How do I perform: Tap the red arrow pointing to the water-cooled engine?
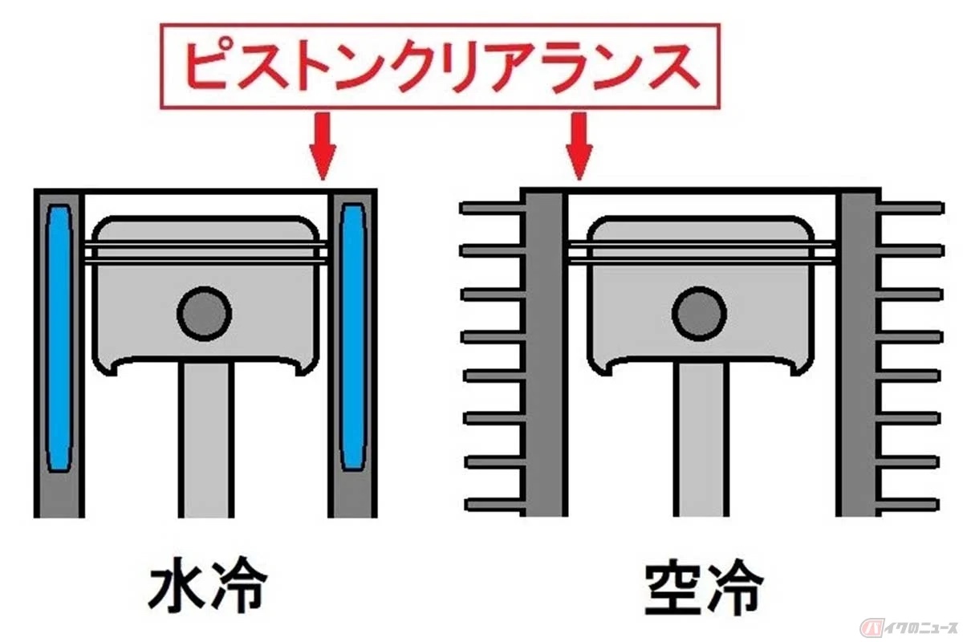coord(323,146)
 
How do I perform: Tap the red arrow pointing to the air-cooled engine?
coord(579,146)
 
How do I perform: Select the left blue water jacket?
coord(59,338)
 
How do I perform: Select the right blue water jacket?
coord(352,338)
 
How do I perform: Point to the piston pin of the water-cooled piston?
coord(205,314)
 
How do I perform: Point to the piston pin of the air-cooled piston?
coord(700,314)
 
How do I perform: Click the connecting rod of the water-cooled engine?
coord(206,440)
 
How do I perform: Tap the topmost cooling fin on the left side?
coord(493,208)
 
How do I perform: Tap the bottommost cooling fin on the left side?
coord(495,505)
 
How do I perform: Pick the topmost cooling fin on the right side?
coord(909,208)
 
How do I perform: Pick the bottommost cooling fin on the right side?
coord(907,505)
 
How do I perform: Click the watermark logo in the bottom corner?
coord(908,628)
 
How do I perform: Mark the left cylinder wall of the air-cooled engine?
coord(544,352)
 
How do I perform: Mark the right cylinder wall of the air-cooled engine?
coord(858,352)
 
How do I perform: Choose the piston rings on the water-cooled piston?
coord(206,254)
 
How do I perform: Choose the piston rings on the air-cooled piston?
coord(701,254)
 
